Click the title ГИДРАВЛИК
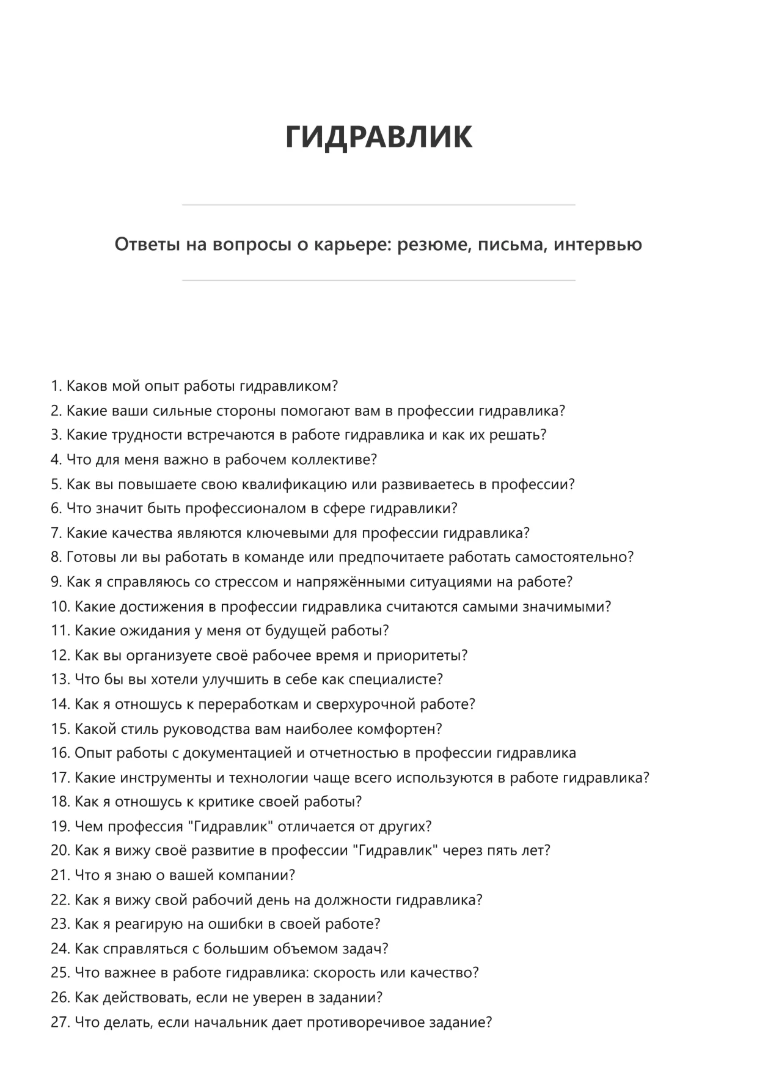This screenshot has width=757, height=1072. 378,136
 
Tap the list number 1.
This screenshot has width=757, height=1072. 56,386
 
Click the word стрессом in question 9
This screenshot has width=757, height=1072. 246,582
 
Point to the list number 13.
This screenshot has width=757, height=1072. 60,680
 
